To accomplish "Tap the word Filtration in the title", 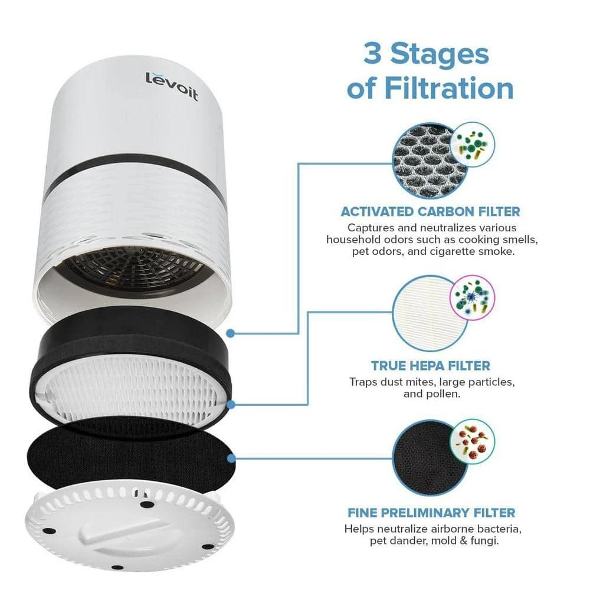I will coord(430,88).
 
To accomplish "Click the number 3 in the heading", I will coord(376,54).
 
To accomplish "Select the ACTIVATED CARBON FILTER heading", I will coord(430,211).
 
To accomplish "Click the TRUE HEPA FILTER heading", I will coord(430,366).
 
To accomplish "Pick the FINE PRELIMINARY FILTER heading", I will coord(430,513).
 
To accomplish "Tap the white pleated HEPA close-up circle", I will coord(428,313).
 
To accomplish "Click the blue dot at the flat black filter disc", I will coord(231,457).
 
